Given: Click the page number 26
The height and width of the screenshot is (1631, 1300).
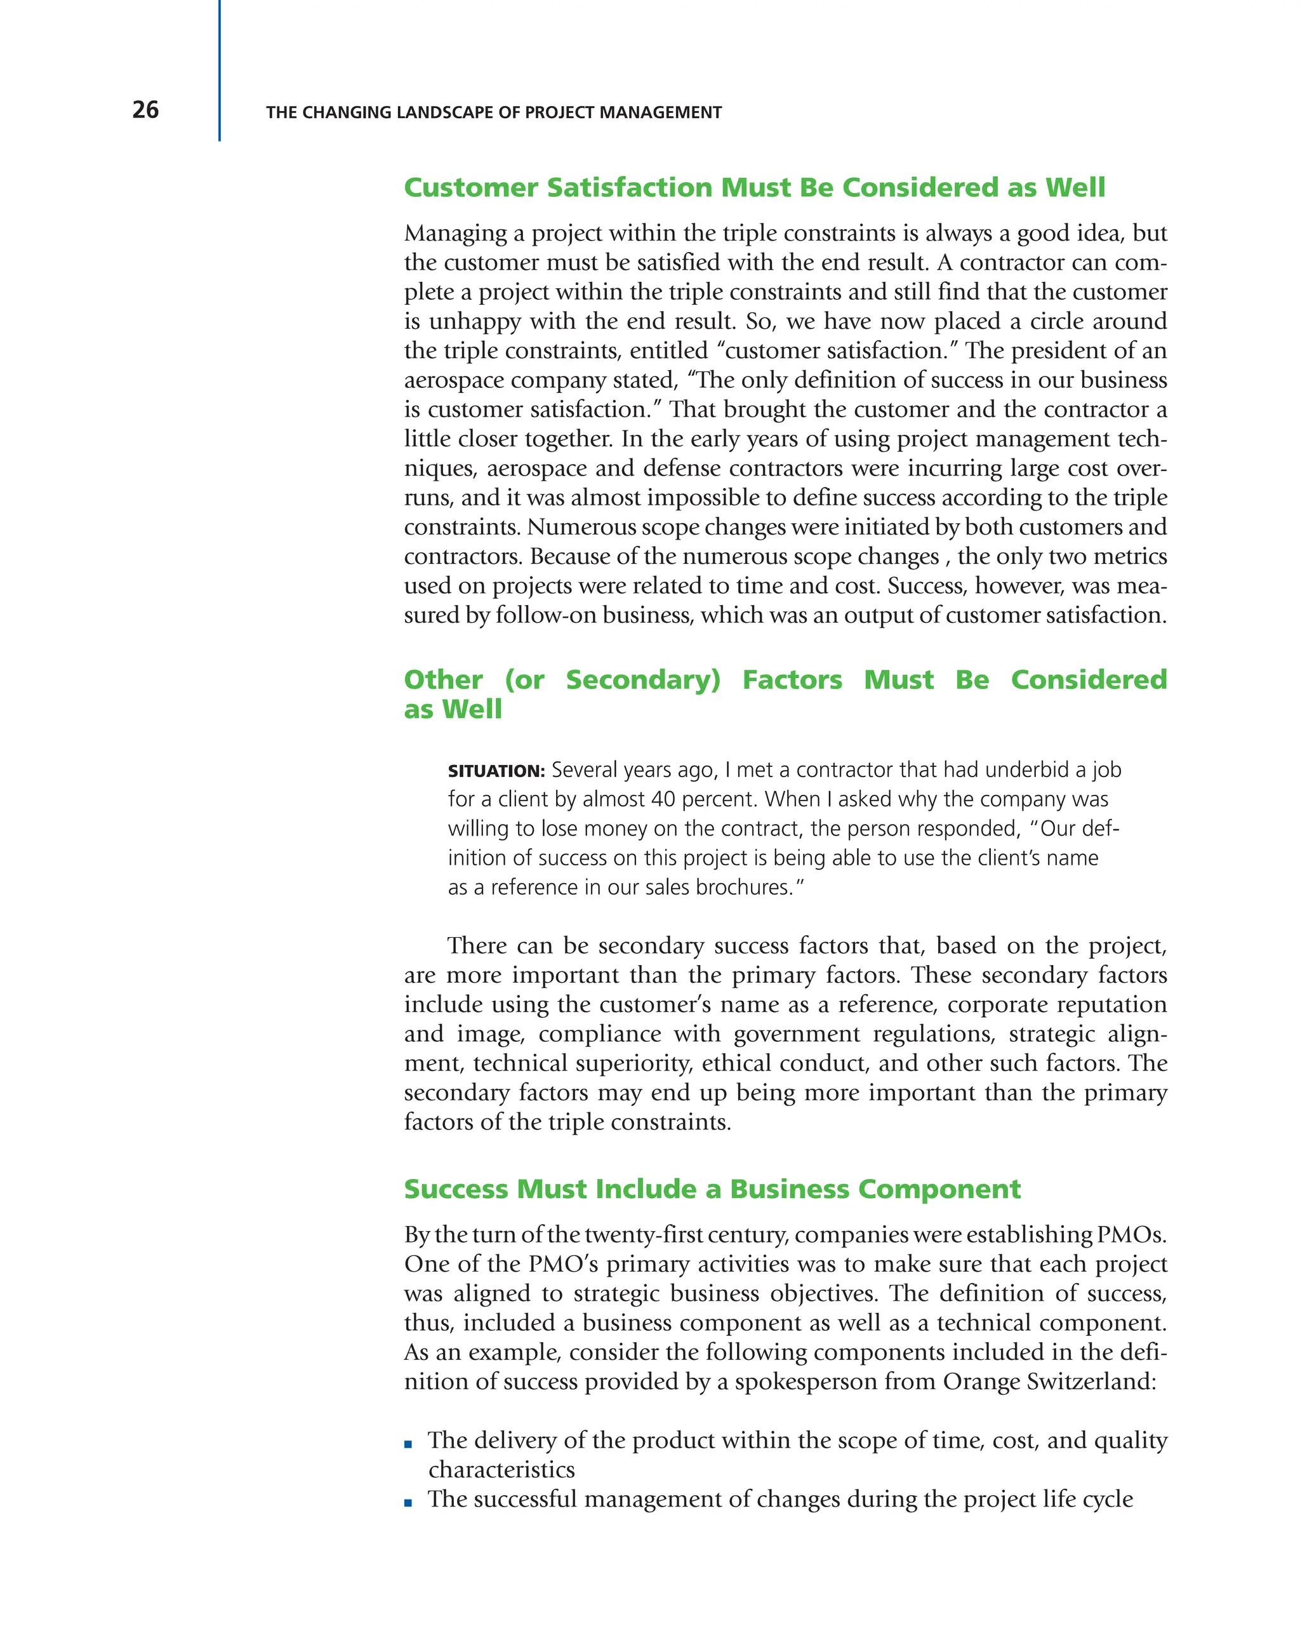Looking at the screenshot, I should [x=145, y=110].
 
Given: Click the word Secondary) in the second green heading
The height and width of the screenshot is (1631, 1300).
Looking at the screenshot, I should [x=643, y=679].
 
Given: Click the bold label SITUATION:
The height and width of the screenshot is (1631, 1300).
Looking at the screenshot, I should [x=496, y=771].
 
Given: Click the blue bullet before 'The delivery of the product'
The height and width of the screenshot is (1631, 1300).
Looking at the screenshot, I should [x=408, y=1444].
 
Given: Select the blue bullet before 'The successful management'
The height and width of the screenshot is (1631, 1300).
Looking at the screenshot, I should [x=408, y=1503].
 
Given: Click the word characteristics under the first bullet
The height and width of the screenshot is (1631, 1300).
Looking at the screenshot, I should [x=501, y=1470].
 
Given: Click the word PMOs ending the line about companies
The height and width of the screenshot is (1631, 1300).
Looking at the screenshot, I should [x=1131, y=1235].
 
